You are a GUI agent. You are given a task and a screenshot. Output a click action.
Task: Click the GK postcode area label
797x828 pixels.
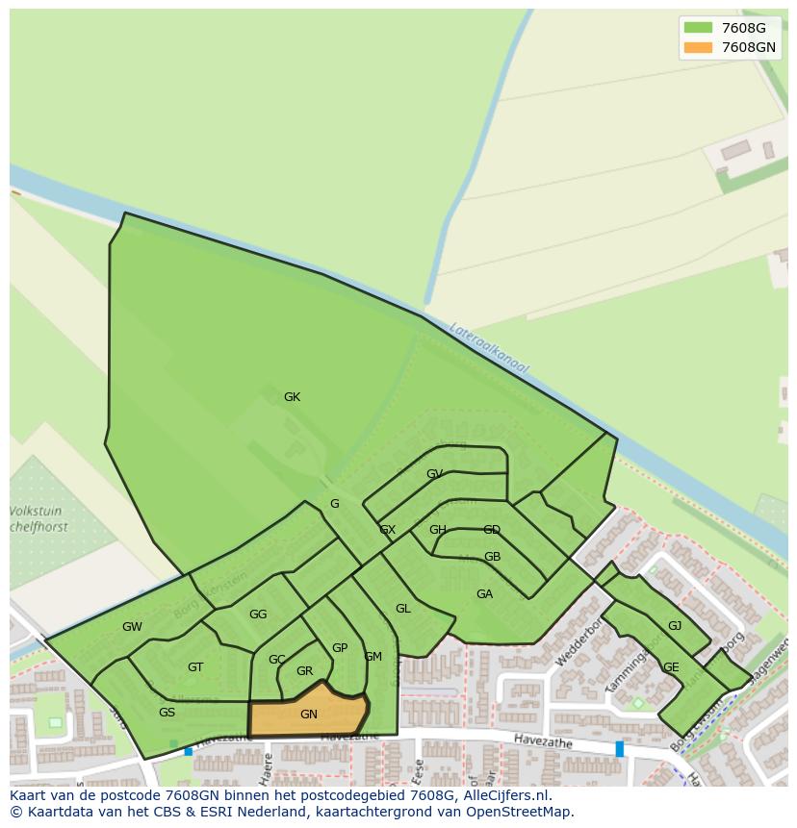[x=292, y=397]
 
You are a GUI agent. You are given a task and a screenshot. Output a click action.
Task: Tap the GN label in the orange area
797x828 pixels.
[x=308, y=715]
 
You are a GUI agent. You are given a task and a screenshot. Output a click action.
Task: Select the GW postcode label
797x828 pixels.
[x=132, y=627]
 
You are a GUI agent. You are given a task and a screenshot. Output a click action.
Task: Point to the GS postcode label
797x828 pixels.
[x=167, y=713]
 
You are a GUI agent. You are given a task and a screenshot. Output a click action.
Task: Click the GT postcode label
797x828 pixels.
[x=195, y=667]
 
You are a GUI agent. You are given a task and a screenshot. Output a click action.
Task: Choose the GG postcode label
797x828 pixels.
[x=258, y=615]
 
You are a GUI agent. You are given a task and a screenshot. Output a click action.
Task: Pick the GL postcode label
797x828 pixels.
[x=402, y=609]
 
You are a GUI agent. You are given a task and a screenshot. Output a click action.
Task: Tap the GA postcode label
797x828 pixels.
[x=484, y=594]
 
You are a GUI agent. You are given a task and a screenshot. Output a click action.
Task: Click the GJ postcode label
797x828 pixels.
[x=675, y=626]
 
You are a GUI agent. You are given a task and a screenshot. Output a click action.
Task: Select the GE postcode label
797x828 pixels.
[x=671, y=667]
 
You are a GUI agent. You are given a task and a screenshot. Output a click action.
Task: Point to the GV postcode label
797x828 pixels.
[x=434, y=474]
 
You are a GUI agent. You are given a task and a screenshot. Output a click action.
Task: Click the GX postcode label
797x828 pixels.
[x=387, y=530]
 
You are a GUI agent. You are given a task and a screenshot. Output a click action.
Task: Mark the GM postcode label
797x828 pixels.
[x=373, y=657]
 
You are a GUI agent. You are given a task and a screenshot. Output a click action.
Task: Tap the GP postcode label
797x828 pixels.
[x=339, y=648]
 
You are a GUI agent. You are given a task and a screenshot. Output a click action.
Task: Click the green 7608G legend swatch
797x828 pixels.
[x=698, y=28]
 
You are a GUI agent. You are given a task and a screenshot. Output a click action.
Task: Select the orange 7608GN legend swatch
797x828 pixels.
[x=698, y=47]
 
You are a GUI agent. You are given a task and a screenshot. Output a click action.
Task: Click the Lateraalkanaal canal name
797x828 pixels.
[x=490, y=346]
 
